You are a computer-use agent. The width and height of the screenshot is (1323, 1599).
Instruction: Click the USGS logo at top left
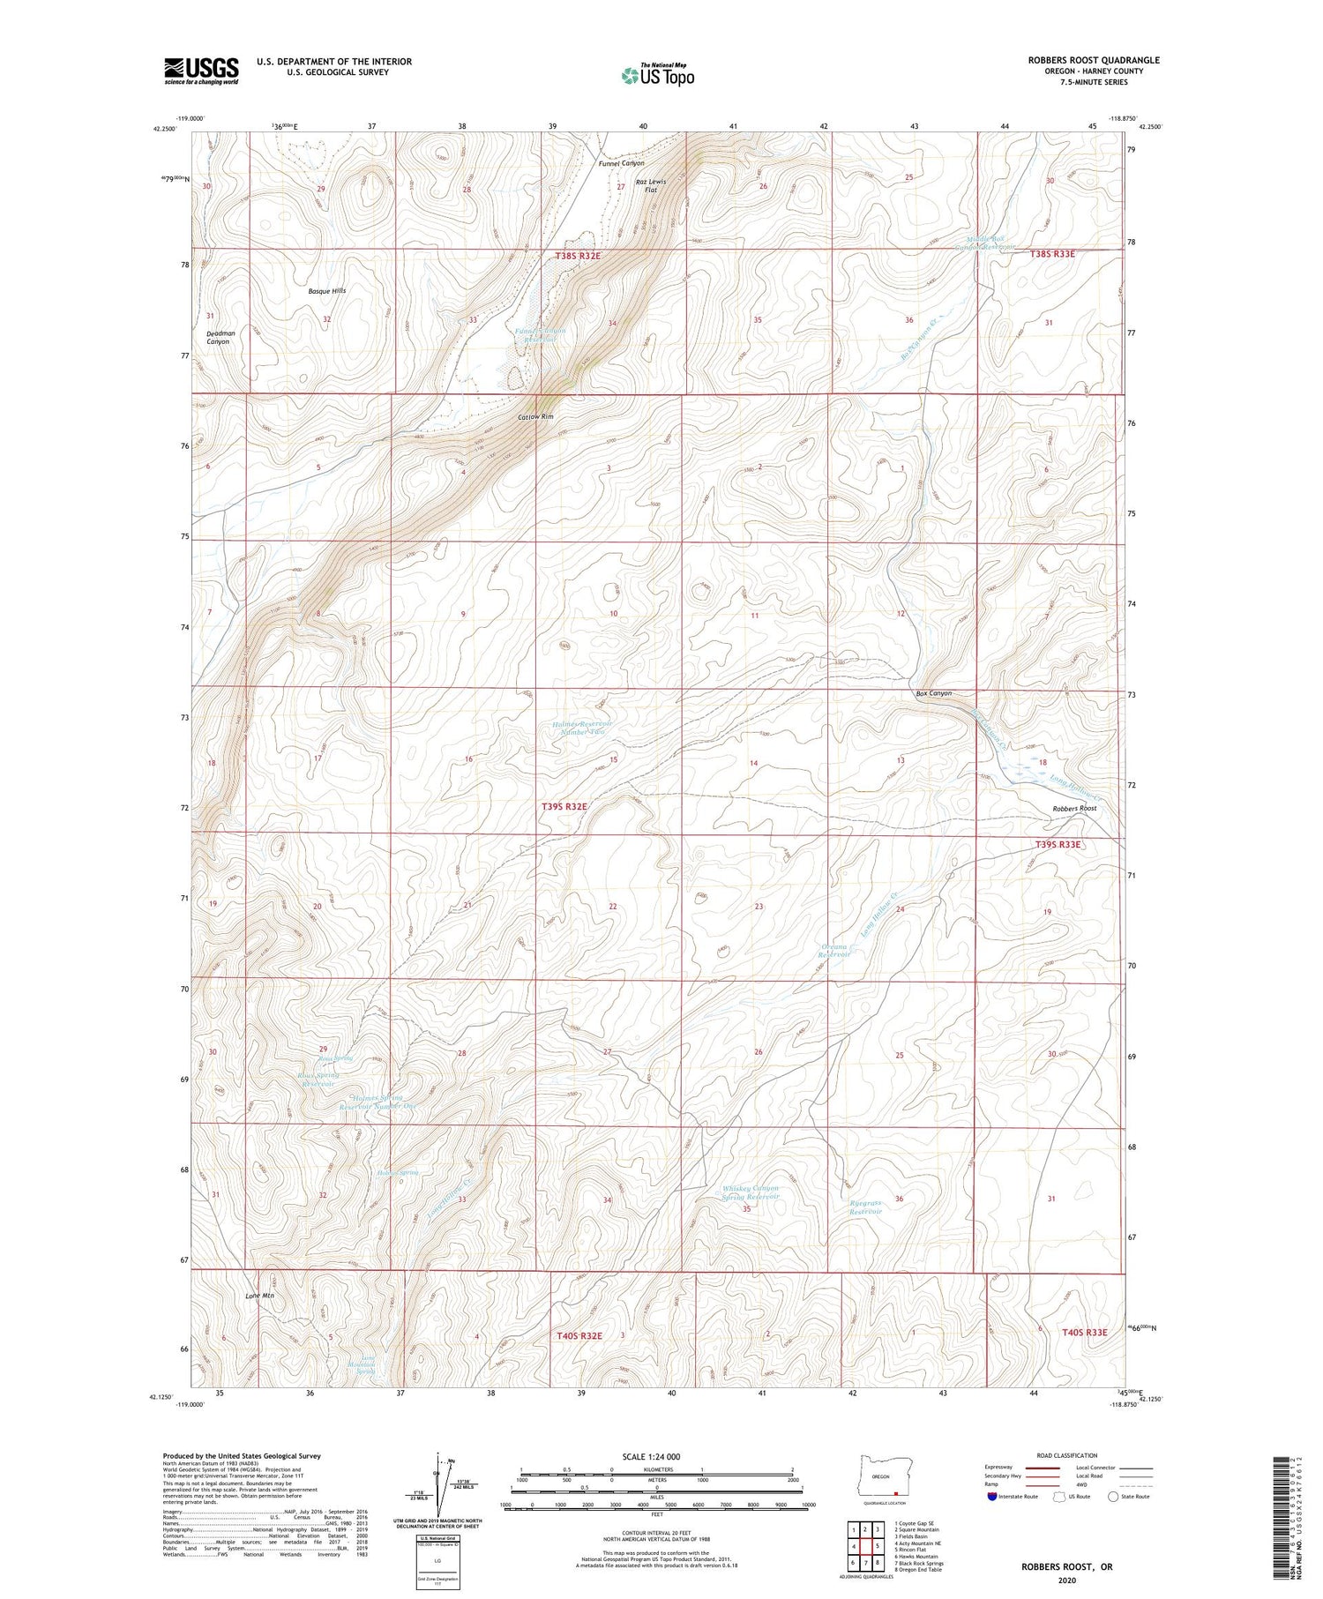click(201, 71)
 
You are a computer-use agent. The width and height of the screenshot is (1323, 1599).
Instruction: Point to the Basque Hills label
click(326, 290)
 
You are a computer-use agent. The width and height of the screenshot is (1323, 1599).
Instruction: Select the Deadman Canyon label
click(220, 337)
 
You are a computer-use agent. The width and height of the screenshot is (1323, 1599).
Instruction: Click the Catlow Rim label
click(535, 416)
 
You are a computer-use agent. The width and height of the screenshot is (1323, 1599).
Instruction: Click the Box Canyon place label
click(933, 693)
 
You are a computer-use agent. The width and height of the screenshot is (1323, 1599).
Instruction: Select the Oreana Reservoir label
click(834, 950)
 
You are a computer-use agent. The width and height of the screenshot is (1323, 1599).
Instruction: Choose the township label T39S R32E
click(564, 806)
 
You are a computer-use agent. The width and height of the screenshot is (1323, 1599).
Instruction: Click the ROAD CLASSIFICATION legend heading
click(1067, 1455)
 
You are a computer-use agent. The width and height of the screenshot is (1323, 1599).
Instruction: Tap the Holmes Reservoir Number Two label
click(580, 728)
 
